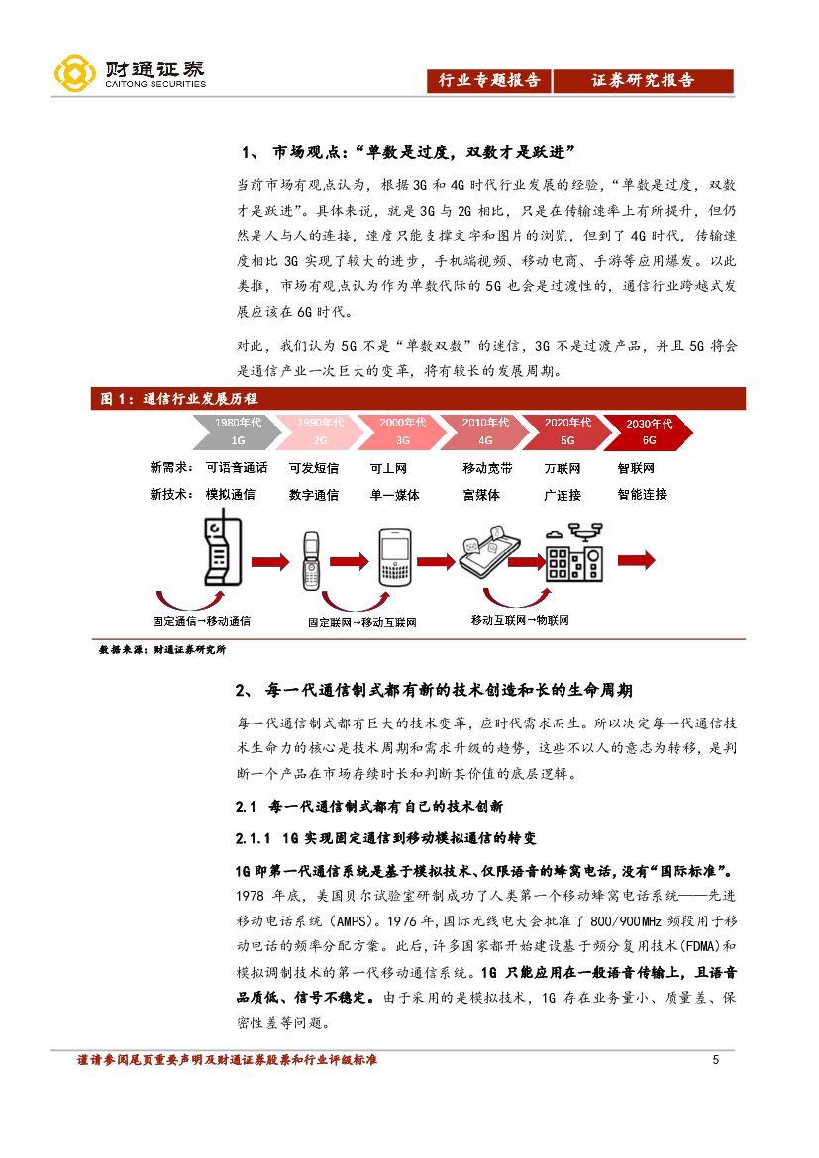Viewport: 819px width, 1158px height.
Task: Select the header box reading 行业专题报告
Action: (489, 81)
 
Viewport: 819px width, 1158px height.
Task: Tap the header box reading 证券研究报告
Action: (643, 81)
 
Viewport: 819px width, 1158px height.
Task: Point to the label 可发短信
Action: (313, 468)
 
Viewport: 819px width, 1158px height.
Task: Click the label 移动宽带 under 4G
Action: (487, 468)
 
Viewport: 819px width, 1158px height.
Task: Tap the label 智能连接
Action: (642, 494)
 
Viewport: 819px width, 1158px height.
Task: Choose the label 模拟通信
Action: (230, 494)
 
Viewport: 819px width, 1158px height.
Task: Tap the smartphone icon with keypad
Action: (395, 558)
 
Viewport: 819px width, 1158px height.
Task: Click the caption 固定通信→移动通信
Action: (201, 621)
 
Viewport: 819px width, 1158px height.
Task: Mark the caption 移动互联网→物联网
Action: (520, 620)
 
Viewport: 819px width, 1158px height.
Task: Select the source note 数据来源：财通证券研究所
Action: (162, 650)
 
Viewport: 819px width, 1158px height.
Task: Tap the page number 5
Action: (716, 1061)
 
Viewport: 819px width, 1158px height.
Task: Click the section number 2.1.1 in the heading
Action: (254, 839)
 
